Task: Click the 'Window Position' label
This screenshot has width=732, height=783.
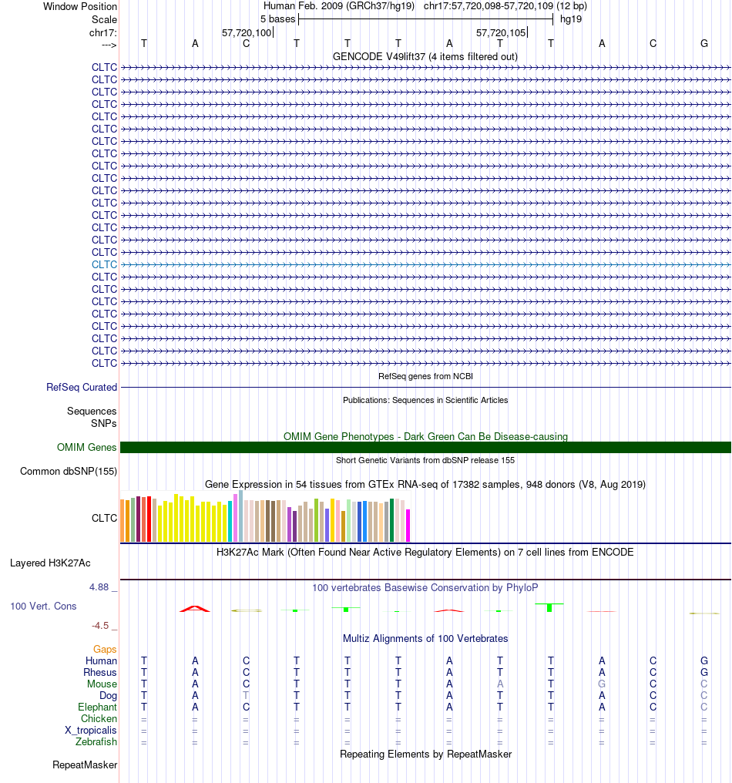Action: point(80,6)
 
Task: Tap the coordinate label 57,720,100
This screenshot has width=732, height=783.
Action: point(247,33)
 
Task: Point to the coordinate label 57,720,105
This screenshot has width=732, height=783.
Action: point(501,33)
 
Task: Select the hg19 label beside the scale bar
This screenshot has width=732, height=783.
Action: point(571,18)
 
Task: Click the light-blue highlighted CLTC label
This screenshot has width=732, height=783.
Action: point(104,264)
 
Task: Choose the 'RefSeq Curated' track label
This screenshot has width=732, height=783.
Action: point(82,388)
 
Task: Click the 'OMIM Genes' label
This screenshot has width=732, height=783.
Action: point(87,447)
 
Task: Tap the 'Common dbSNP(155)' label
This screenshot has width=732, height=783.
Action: point(69,472)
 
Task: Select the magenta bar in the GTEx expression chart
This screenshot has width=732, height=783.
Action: point(408,526)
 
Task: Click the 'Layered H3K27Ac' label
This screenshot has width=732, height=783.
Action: point(50,563)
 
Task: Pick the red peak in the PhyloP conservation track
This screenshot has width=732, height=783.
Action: point(194,608)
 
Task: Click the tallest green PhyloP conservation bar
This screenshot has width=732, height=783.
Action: point(549,607)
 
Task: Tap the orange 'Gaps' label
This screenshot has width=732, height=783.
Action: point(105,650)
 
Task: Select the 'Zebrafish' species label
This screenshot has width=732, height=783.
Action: point(98,742)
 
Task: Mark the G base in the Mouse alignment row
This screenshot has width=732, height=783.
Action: point(602,684)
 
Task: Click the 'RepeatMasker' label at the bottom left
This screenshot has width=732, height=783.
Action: point(85,765)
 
